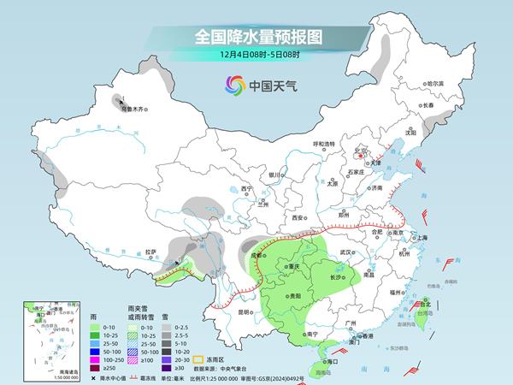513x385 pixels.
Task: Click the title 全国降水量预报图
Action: (x=256, y=37)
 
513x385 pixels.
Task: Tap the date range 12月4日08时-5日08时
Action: (x=256, y=56)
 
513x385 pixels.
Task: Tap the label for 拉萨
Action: (x=150, y=252)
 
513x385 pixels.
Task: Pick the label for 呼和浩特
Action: (x=324, y=144)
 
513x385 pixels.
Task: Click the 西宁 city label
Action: (x=247, y=188)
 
